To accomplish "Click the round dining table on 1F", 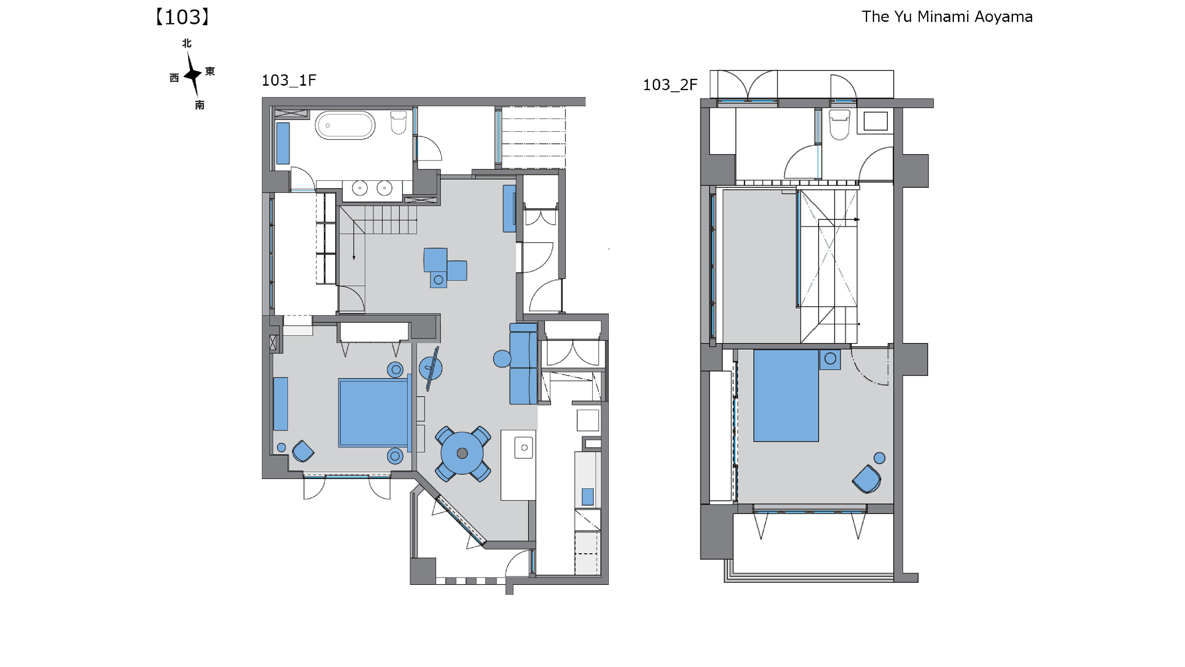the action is [x=462, y=454].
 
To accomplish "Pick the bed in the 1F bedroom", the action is [x=374, y=412].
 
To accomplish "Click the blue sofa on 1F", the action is [x=523, y=364].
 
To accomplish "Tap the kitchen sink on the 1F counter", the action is [x=523, y=447].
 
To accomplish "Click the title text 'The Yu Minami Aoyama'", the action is [x=947, y=17].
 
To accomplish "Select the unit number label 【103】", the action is [x=182, y=17].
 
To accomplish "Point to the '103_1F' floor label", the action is [x=289, y=81].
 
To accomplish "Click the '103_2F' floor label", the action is [x=670, y=85].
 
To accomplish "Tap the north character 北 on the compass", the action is [x=187, y=43].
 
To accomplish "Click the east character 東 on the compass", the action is [x=210, y=71].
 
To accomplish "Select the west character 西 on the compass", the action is [x=174, y=78].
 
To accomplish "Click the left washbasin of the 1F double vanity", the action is [x=360, y=188].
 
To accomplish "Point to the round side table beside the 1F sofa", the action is [x=502, y=359].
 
